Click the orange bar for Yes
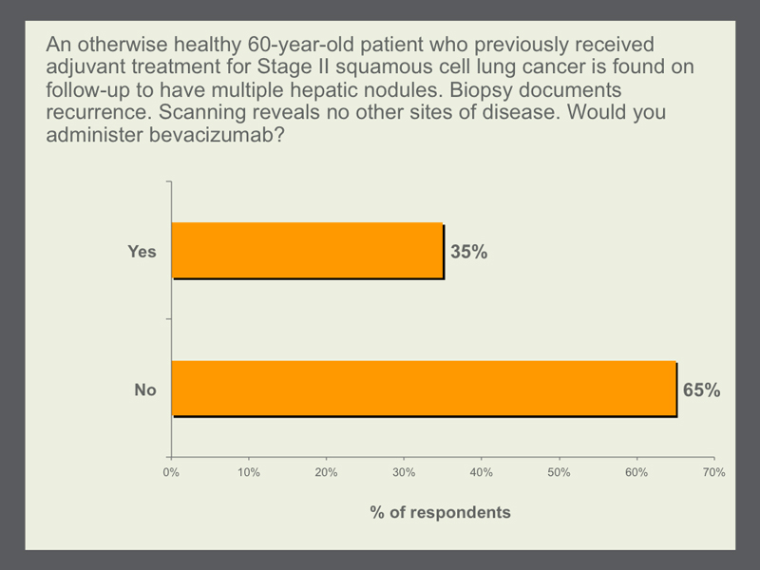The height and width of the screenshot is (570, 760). point(308,251)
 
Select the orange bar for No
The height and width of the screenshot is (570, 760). point(424,389)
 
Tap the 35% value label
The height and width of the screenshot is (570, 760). point(468,252)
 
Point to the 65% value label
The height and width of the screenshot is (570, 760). point(701,389)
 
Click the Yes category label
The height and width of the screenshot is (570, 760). point(142,252)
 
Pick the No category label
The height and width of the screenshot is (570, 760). point(145,389)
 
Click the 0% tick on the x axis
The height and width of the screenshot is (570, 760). point(171,472)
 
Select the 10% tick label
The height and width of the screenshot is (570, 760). point(249,472)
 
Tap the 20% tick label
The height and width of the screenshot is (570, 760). point(326,472)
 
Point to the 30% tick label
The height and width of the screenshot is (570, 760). point(404,472)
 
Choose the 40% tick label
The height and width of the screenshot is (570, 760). point(482,472)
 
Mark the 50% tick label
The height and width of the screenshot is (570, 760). point(559,472)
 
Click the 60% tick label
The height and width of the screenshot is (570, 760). point(636,472)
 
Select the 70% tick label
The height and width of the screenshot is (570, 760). point(714,472)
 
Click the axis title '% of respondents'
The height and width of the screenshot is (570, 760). point(440,512)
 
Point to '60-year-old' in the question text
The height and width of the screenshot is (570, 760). point(301,45)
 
